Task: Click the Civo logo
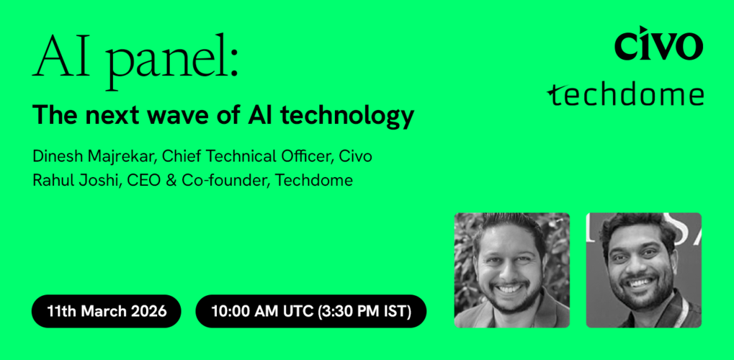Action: point(658,45)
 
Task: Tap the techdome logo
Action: point(625,94)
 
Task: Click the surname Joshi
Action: point(98,180)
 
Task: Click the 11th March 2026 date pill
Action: point(107,311)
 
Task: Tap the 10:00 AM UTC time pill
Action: point(310,311)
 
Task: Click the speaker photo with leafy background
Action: point(511,270)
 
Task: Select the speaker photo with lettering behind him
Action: point(643,270)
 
